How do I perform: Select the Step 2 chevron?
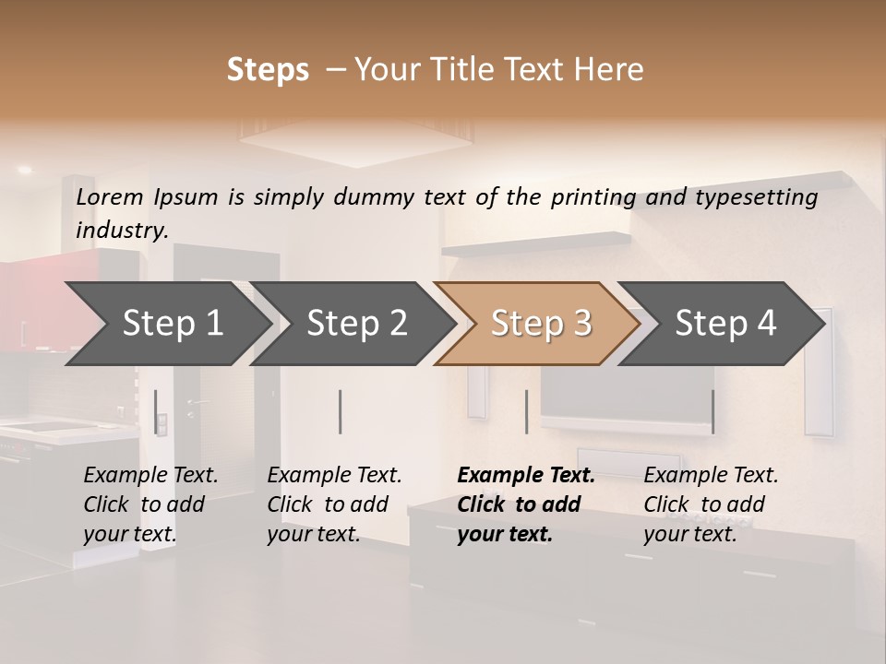[356, 324]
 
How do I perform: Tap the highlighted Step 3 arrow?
[541, 324]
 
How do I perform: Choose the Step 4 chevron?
[725, 324]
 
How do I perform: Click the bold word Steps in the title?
[268, 69]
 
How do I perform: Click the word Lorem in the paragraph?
[110, 196]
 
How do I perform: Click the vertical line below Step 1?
[156, 411]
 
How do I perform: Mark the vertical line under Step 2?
[341, 411]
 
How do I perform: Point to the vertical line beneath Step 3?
[526, 411]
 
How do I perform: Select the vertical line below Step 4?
[712, 411]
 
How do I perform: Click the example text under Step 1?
[150, 504]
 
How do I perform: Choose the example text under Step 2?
[334, 504]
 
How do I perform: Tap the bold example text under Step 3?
[525, 504]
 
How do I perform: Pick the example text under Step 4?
[711, 504]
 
